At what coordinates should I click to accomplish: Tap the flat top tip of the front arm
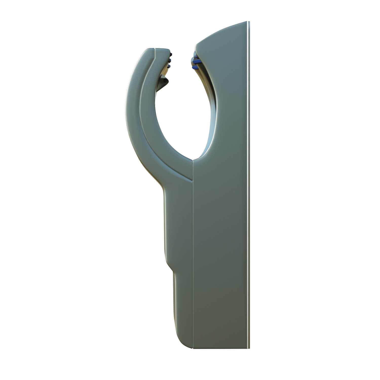click(157, 49)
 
